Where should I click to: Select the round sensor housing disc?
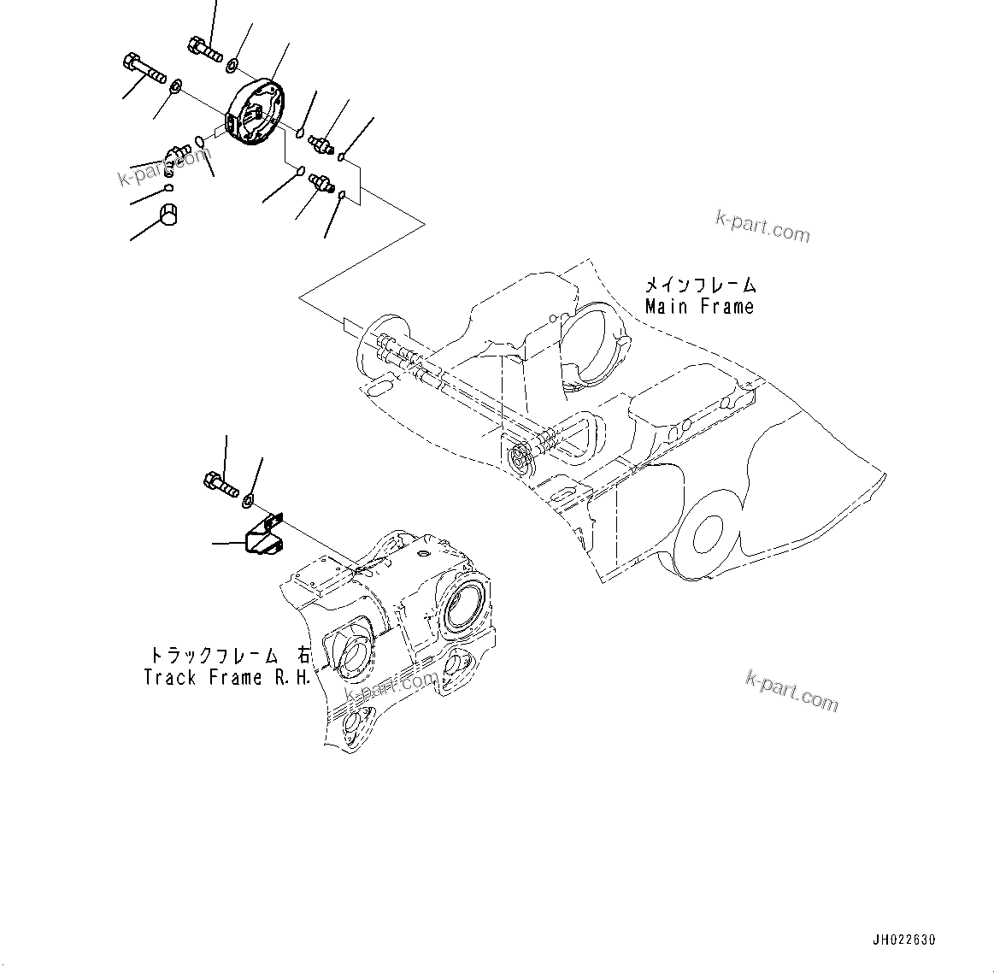253,115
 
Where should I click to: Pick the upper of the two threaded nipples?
323,142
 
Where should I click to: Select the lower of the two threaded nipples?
322,183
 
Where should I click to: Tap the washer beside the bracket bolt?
249,499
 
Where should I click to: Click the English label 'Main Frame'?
699,306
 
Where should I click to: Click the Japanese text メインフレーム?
699,285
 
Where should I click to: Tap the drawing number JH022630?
904,940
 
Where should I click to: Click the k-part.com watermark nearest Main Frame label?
762,227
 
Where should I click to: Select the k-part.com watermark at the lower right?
791,691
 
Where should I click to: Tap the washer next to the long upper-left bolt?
175,85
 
